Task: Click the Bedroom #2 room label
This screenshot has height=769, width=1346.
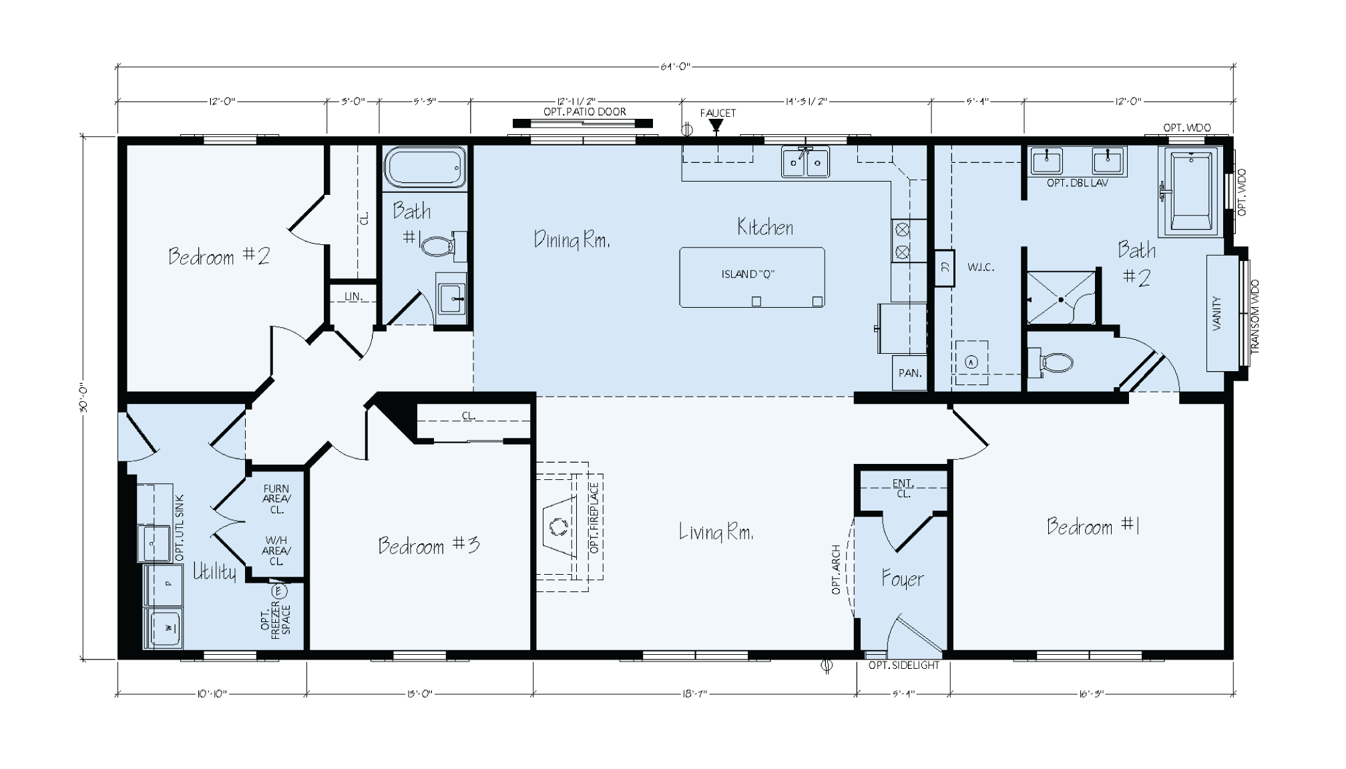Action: click(x=218, y=256)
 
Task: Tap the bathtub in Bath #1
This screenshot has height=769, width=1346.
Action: click(x=424, y=167)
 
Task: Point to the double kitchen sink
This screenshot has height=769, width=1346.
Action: click(x=805, y=162)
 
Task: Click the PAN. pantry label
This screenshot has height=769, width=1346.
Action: click(x=909, y=373)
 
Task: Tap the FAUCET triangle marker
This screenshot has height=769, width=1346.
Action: click(x=716, y=125)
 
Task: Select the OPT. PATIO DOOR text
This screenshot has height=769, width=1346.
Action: click(x=584, y=111)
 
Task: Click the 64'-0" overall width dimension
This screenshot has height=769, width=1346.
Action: click(x=675, y=66)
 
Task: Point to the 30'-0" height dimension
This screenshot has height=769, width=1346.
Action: click(x=83, y=399)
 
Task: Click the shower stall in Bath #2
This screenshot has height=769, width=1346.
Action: click(x=1060, y=298)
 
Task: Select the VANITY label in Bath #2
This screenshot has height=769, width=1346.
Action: click(x=1216, y=314)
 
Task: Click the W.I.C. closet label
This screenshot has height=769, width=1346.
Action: click(x=981, y=267)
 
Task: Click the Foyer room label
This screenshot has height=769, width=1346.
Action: click(x=902, y=579)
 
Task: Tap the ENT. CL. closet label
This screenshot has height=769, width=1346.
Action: click(x=903, y=489)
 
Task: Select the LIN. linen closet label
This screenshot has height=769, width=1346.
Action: click(x=353, y=296)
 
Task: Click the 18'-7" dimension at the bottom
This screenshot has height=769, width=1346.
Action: click(x=694, y=694)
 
